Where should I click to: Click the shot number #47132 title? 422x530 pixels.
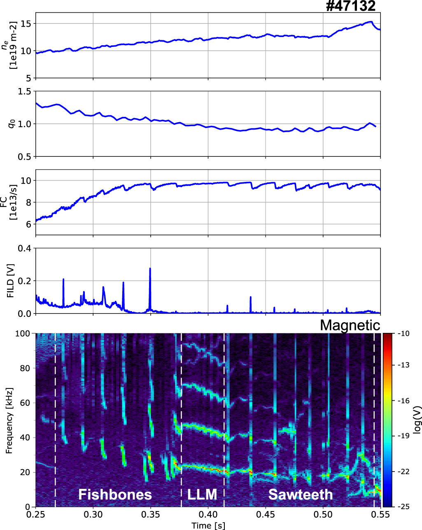pos(350,6)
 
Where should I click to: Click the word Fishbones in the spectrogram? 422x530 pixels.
pos(115,494)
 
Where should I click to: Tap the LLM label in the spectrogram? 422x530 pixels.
pos(202,494)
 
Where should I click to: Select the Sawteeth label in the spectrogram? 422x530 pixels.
pos(301,494)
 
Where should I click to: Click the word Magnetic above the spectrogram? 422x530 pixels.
pos(350,325)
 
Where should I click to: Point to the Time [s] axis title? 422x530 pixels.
pos(208,525)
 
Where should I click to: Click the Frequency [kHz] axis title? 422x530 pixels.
pos(9,420)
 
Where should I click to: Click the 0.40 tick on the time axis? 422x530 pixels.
pos(208,515)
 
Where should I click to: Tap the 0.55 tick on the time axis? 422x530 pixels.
pos(380,515)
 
